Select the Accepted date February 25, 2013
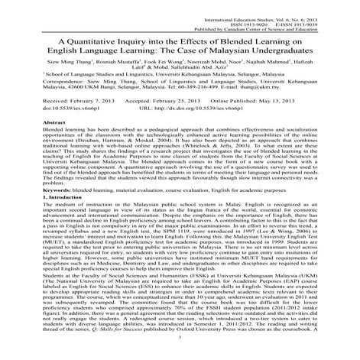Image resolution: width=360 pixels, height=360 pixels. pyautogui.click(x=173, y=100)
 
